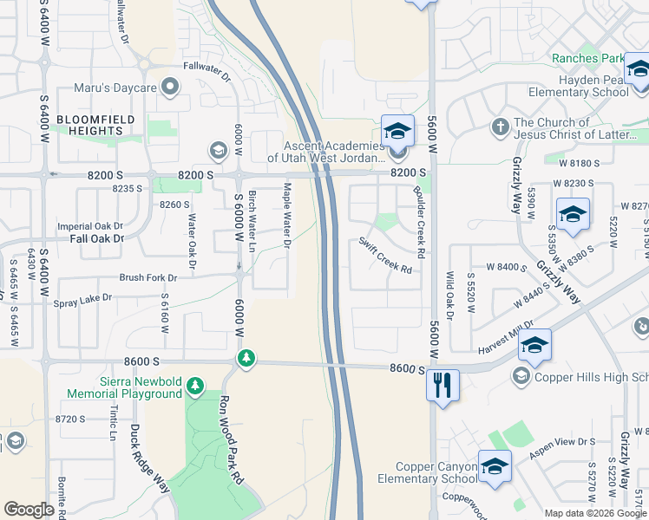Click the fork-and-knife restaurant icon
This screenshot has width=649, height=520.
tap(442, 385)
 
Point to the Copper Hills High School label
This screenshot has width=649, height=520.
tap(589, 376)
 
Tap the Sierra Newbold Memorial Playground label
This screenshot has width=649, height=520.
tap(126, 388)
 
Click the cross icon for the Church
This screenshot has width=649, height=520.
tap(499, 127)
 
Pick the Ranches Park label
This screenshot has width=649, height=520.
tap(587, 58)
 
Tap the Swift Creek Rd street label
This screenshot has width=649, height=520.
tap(385, 255)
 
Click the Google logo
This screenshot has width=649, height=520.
tap(29, 510)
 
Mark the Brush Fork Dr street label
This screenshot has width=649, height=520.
tap(147, 278)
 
